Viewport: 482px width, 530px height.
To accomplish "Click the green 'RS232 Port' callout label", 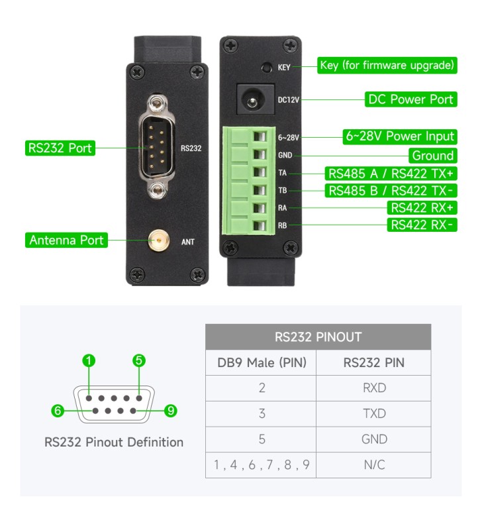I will click(60, 148).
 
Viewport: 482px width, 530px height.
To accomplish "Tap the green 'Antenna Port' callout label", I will click(67, 240).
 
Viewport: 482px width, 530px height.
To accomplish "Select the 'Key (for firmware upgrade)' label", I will click(387, 66).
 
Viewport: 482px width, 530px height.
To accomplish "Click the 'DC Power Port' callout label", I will click(410, 100).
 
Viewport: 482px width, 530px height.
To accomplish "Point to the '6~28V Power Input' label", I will click(400, 136).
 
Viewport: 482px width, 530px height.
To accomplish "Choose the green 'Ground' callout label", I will click(433, 156).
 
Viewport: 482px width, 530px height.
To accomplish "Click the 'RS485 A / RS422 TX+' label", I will click(391, 174).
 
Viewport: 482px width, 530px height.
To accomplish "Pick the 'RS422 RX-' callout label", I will click(422, 225).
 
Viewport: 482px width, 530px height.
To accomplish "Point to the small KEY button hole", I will click(266, 67).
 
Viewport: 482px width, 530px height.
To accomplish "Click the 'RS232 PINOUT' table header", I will click(318, 337).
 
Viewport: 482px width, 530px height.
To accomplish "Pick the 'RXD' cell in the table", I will click(374, 388).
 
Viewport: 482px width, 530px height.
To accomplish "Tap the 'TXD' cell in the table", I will click(374, 413).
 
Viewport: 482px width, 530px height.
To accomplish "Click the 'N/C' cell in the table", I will click(374, 464).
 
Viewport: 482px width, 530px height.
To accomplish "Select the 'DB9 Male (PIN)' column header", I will click(261, 362).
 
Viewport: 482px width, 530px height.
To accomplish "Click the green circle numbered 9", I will click(170, 411).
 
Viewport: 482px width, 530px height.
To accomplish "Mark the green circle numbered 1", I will click(89, 361).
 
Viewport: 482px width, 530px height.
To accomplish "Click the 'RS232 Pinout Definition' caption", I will click(114, 442).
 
